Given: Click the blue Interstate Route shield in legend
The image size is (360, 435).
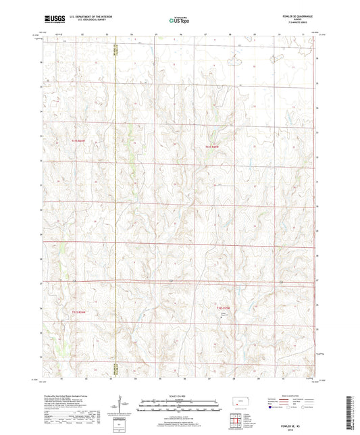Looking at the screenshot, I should (274, 407).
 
